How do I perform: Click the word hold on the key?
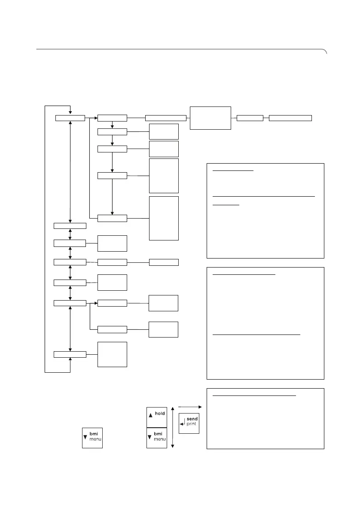pos(160,414)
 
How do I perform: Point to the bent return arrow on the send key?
pos(183,422)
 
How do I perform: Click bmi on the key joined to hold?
pos(160,434)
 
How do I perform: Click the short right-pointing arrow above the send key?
pos(189,406)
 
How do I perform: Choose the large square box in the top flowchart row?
pos(211,118)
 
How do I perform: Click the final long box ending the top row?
pos(290,118)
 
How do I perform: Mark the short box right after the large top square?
pos(250,118)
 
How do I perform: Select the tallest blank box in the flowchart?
pos(164,218)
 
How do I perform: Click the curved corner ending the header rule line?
pos(325,52)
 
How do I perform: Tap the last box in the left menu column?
pos(70,354)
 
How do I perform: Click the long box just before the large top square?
pos(165,118)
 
